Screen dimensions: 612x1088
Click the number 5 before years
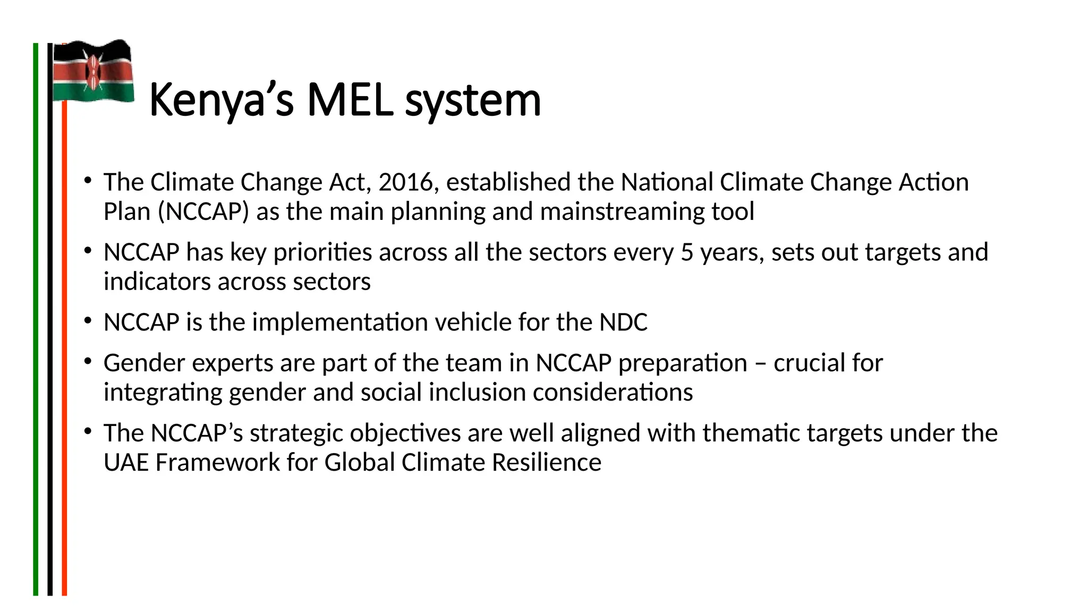tap(687, 252)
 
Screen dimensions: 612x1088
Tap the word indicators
tap(157, 282)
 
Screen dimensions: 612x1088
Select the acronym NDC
tap(624, 322)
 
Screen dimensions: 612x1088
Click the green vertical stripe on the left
tap(36, 319)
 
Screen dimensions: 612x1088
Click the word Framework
tap(218, 462)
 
